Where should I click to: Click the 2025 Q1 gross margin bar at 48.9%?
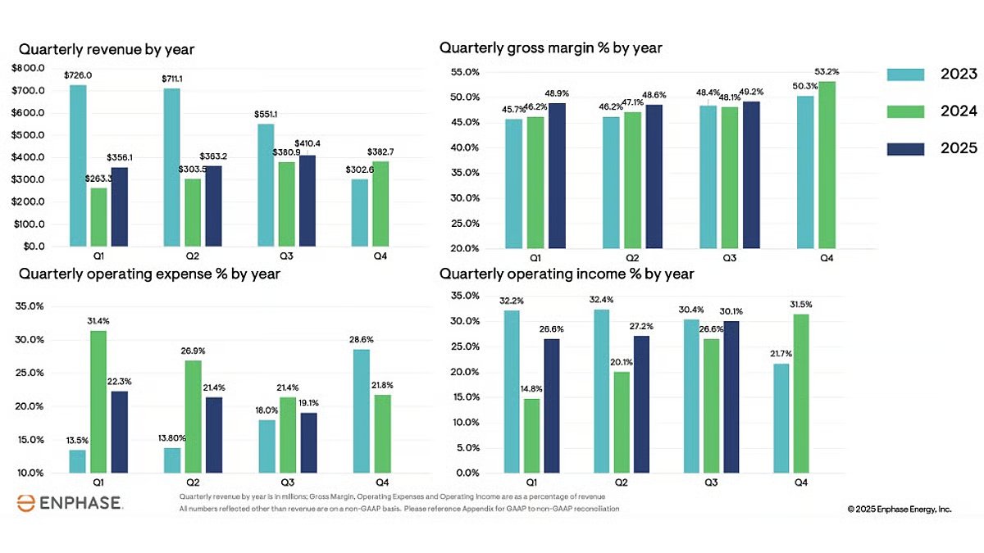coord(557,175)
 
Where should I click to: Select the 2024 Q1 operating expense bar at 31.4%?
coord(98,401)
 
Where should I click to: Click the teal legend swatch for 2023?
coord(906,75)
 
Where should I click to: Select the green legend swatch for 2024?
coord(906,111)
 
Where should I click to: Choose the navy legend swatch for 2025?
coord(906,148)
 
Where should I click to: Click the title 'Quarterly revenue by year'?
coord(107,50)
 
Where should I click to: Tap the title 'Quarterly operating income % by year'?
coord(567,274)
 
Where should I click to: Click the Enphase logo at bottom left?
coord(69,502)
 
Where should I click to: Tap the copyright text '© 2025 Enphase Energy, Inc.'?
coord(900,509)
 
